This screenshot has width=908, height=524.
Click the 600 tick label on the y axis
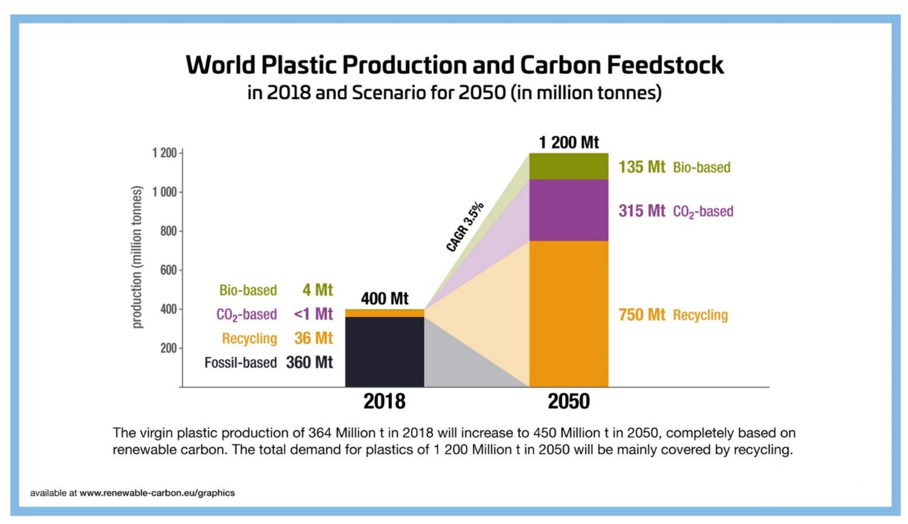click(168, 270)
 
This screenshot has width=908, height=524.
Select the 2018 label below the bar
click(384, 401)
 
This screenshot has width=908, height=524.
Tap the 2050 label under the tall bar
click(568, 401)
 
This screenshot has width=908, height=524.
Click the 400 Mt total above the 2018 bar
click(384, 298)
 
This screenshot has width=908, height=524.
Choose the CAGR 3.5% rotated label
click(465, 227)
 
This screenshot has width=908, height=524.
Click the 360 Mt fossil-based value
click(309, 362)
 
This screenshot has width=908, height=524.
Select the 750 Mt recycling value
click(642, 315)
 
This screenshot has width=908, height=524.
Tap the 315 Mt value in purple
click(642, 211)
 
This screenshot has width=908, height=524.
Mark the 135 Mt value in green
click(642, 167)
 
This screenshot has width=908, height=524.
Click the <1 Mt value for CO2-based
click(313, 314)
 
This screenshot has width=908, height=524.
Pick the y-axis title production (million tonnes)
click(137, 257)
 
